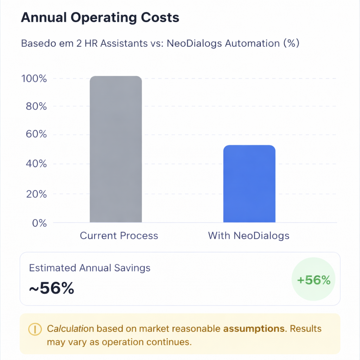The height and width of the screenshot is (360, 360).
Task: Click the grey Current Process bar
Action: pyautogui.click(x=116, y=149)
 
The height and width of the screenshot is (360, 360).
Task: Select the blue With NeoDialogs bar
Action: pyautogui.click(x=249, y=184)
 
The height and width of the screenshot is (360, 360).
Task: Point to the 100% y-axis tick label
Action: pyautogui.click(x=34, y=78)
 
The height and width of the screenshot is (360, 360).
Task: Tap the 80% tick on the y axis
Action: pyautogui.click(x=36, y=106)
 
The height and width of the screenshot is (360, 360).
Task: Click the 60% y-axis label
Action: pyautogui.click(x=36, y=134)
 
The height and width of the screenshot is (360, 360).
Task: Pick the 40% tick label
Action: pyautogui.click(x=36, y=164)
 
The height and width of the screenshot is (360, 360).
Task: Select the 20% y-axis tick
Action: pyautogui.click(x=36, y=194)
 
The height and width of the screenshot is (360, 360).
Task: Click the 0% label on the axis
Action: pyautogui.click(x=39, y=223)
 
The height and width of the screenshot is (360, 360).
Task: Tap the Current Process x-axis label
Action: pyautogui.click(x=119, y=236)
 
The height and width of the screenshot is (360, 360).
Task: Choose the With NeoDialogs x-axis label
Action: pyautogui.click(x=249, y=236)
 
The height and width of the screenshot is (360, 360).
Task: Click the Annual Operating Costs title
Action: pyautogui.click(x=100, y=18)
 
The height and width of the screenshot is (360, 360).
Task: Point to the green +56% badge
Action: pyautogui.click(x=314, y=280)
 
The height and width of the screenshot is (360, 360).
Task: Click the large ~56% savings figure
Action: pyautogui.click(x=51, y=288)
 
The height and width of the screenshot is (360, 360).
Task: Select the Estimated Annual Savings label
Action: pyautogui.click(x=90, y=268)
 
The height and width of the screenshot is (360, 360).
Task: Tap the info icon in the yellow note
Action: pyautogui.click(x=35, y=329)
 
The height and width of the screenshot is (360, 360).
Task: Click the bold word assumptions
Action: pyautogui.click(x=254, y=329)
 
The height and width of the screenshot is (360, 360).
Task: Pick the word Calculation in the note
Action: pyautogui.click(x=70, y=329)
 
